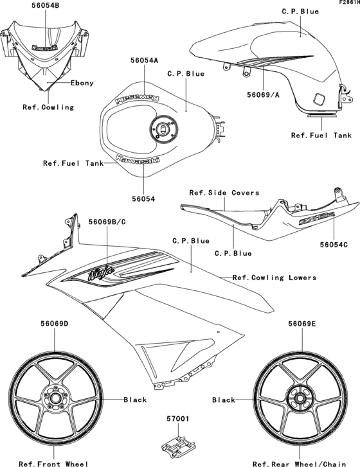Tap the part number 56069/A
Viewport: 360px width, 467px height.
pos(263,94)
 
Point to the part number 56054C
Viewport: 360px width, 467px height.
pos(335,245)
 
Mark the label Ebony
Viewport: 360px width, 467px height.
pos(82,83)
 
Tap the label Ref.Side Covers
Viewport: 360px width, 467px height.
pos(224,193)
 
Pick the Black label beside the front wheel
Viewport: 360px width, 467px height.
pos(135,400)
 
